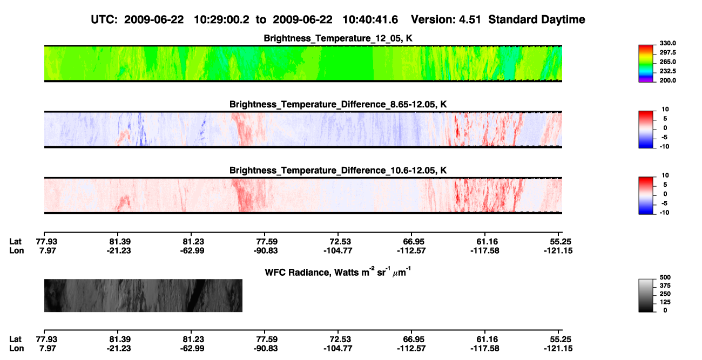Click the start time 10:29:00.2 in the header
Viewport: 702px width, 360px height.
pos(221,20)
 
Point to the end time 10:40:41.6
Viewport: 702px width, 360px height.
pos(370,20)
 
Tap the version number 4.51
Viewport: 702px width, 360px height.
pos(470,20)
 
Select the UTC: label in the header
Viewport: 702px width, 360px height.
pos(104,20)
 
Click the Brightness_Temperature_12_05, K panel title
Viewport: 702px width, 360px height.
pos(338,38)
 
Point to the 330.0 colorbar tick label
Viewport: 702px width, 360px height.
pos(667,43)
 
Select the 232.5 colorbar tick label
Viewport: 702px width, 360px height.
pos(667,71)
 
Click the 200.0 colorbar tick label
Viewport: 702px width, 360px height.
pos(667,80)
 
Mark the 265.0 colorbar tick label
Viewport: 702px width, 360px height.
pos(667,62)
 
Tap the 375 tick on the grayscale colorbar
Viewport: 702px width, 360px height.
pos(665,286)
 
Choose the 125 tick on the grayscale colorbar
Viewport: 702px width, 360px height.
pos(665,302)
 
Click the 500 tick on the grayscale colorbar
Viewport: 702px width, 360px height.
pos(665,277)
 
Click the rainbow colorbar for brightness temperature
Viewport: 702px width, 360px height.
pos(646,64)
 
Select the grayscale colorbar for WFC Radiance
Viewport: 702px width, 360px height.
pos(646,295)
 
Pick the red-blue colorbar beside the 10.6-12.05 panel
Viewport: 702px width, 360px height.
pos(646,195)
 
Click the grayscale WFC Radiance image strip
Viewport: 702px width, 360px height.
pos(143,295)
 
